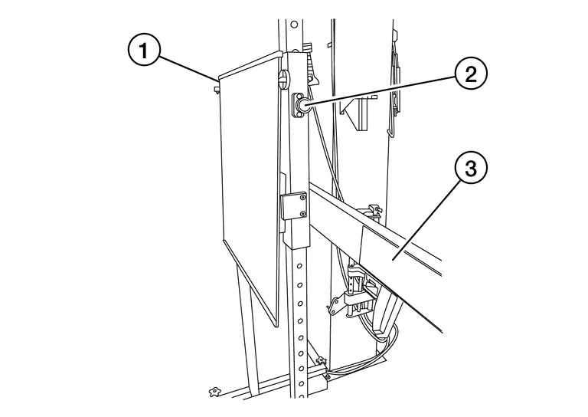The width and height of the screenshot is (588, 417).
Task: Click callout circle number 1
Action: (x=145, y=50)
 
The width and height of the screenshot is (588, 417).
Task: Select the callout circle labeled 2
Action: (x=471, y=74)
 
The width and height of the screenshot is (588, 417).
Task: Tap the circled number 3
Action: (x=471, y=168)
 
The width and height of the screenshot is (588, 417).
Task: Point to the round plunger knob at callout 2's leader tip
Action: (x=302, y=105)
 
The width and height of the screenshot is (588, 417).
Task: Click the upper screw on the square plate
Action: (x=302, y=198)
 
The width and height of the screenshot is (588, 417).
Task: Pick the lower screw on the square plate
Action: (x=302, y=214)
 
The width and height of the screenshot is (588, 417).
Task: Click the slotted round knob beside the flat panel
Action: (x=284, y=80)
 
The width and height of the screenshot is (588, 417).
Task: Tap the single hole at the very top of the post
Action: (x=294, y=25)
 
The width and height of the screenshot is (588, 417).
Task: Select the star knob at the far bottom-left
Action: (x=214, y=392)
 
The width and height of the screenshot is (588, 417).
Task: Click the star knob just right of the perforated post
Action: (x=321, y=361)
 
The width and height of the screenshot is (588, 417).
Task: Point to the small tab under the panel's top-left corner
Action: (x=216, y=90)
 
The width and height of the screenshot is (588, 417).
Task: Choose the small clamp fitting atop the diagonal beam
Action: (x=373, y=211)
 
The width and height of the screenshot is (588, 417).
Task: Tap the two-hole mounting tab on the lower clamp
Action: (x=335, y=305)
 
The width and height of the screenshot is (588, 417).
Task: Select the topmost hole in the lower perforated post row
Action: (x=299, y=266)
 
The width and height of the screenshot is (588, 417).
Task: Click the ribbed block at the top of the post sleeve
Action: (x=308, y=48)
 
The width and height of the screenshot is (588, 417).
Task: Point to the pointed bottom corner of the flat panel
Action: (x=276, y=325)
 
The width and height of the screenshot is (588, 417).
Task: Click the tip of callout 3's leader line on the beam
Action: (x=394, y=258)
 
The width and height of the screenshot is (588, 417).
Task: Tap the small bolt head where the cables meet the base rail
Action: (x=328, y=376)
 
